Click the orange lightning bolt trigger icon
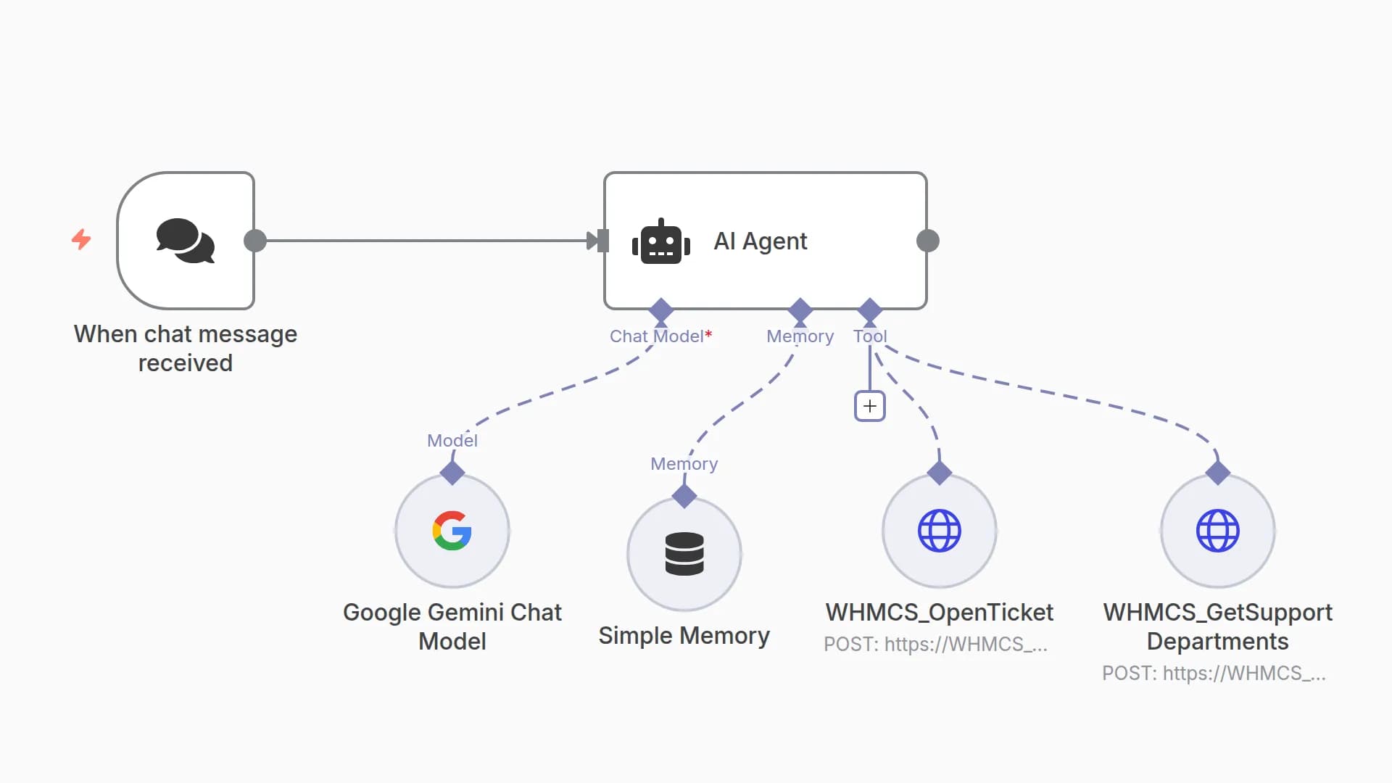81,239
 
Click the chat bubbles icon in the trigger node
186,241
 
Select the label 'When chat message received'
186,348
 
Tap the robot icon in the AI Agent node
660,242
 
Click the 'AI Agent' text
760,241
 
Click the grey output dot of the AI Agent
927,241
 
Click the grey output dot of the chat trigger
255,241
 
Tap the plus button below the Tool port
869,406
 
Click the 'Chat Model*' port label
660,336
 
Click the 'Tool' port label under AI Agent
869,336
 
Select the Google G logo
452,531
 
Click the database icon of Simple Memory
684,554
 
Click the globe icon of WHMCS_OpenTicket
939,531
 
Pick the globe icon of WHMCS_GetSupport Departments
1217,531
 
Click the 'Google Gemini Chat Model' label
452,626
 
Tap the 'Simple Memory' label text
684,636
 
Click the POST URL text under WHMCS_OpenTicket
935,645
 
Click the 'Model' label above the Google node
452,441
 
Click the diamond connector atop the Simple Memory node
684,497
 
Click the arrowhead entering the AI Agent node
593,241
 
